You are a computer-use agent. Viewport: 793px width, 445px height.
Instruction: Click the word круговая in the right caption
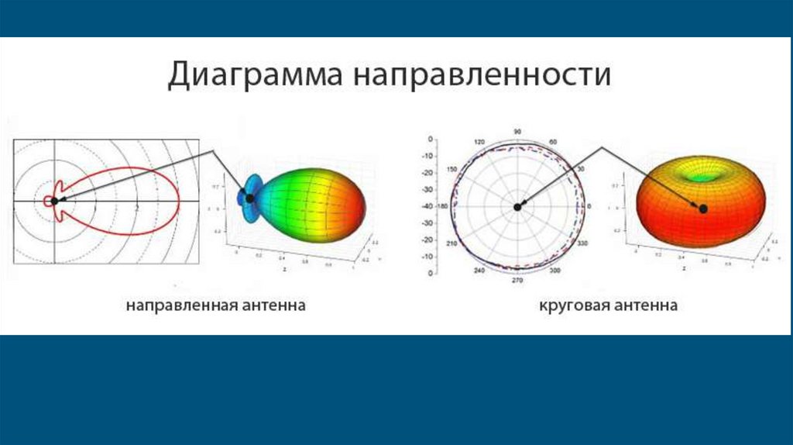point(573,305)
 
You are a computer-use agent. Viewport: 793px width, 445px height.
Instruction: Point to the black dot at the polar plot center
point(517,206)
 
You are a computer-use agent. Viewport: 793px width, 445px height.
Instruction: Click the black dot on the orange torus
point(703,208)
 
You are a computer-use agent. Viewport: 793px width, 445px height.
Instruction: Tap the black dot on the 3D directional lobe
point(250,198)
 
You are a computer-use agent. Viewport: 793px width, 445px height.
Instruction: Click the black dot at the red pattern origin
point(54,200)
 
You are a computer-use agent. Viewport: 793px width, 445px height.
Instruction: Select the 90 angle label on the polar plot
point(517,132)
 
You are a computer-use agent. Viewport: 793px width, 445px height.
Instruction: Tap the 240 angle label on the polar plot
point(479,271)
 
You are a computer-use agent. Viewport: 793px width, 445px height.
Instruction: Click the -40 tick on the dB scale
point(427,205)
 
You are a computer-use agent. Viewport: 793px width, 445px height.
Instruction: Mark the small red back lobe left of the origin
point(48,201)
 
